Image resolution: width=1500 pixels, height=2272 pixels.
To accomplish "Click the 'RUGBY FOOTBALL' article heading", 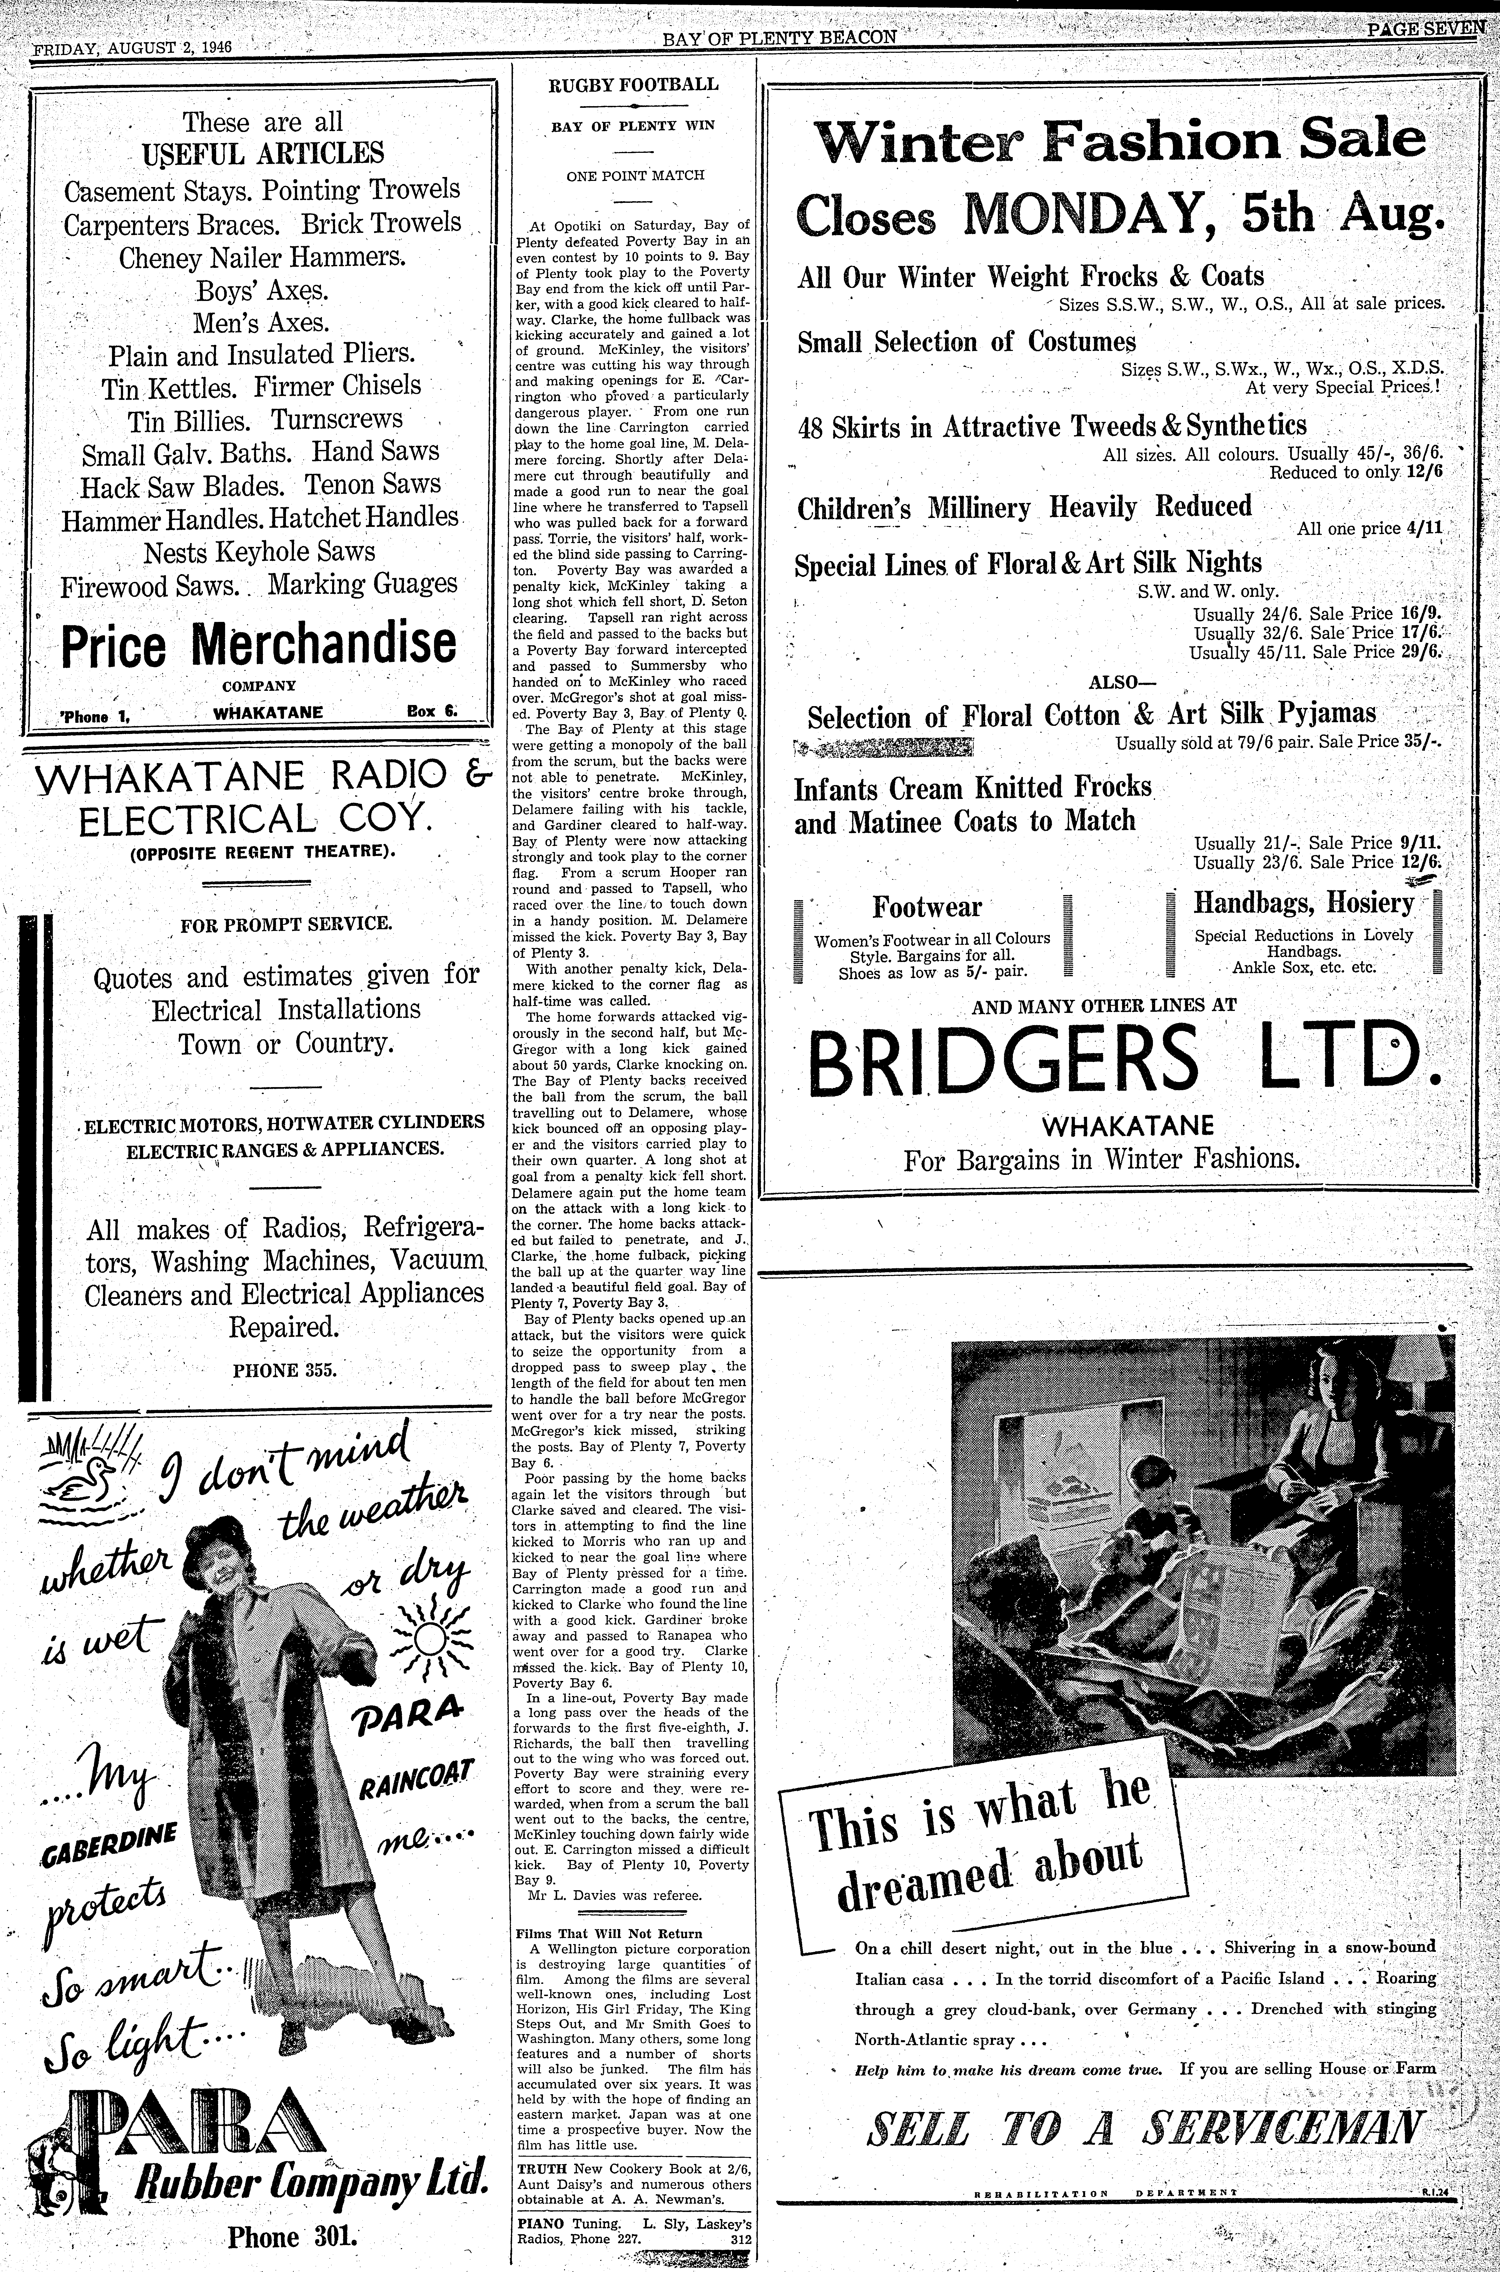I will tap(632, 84).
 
